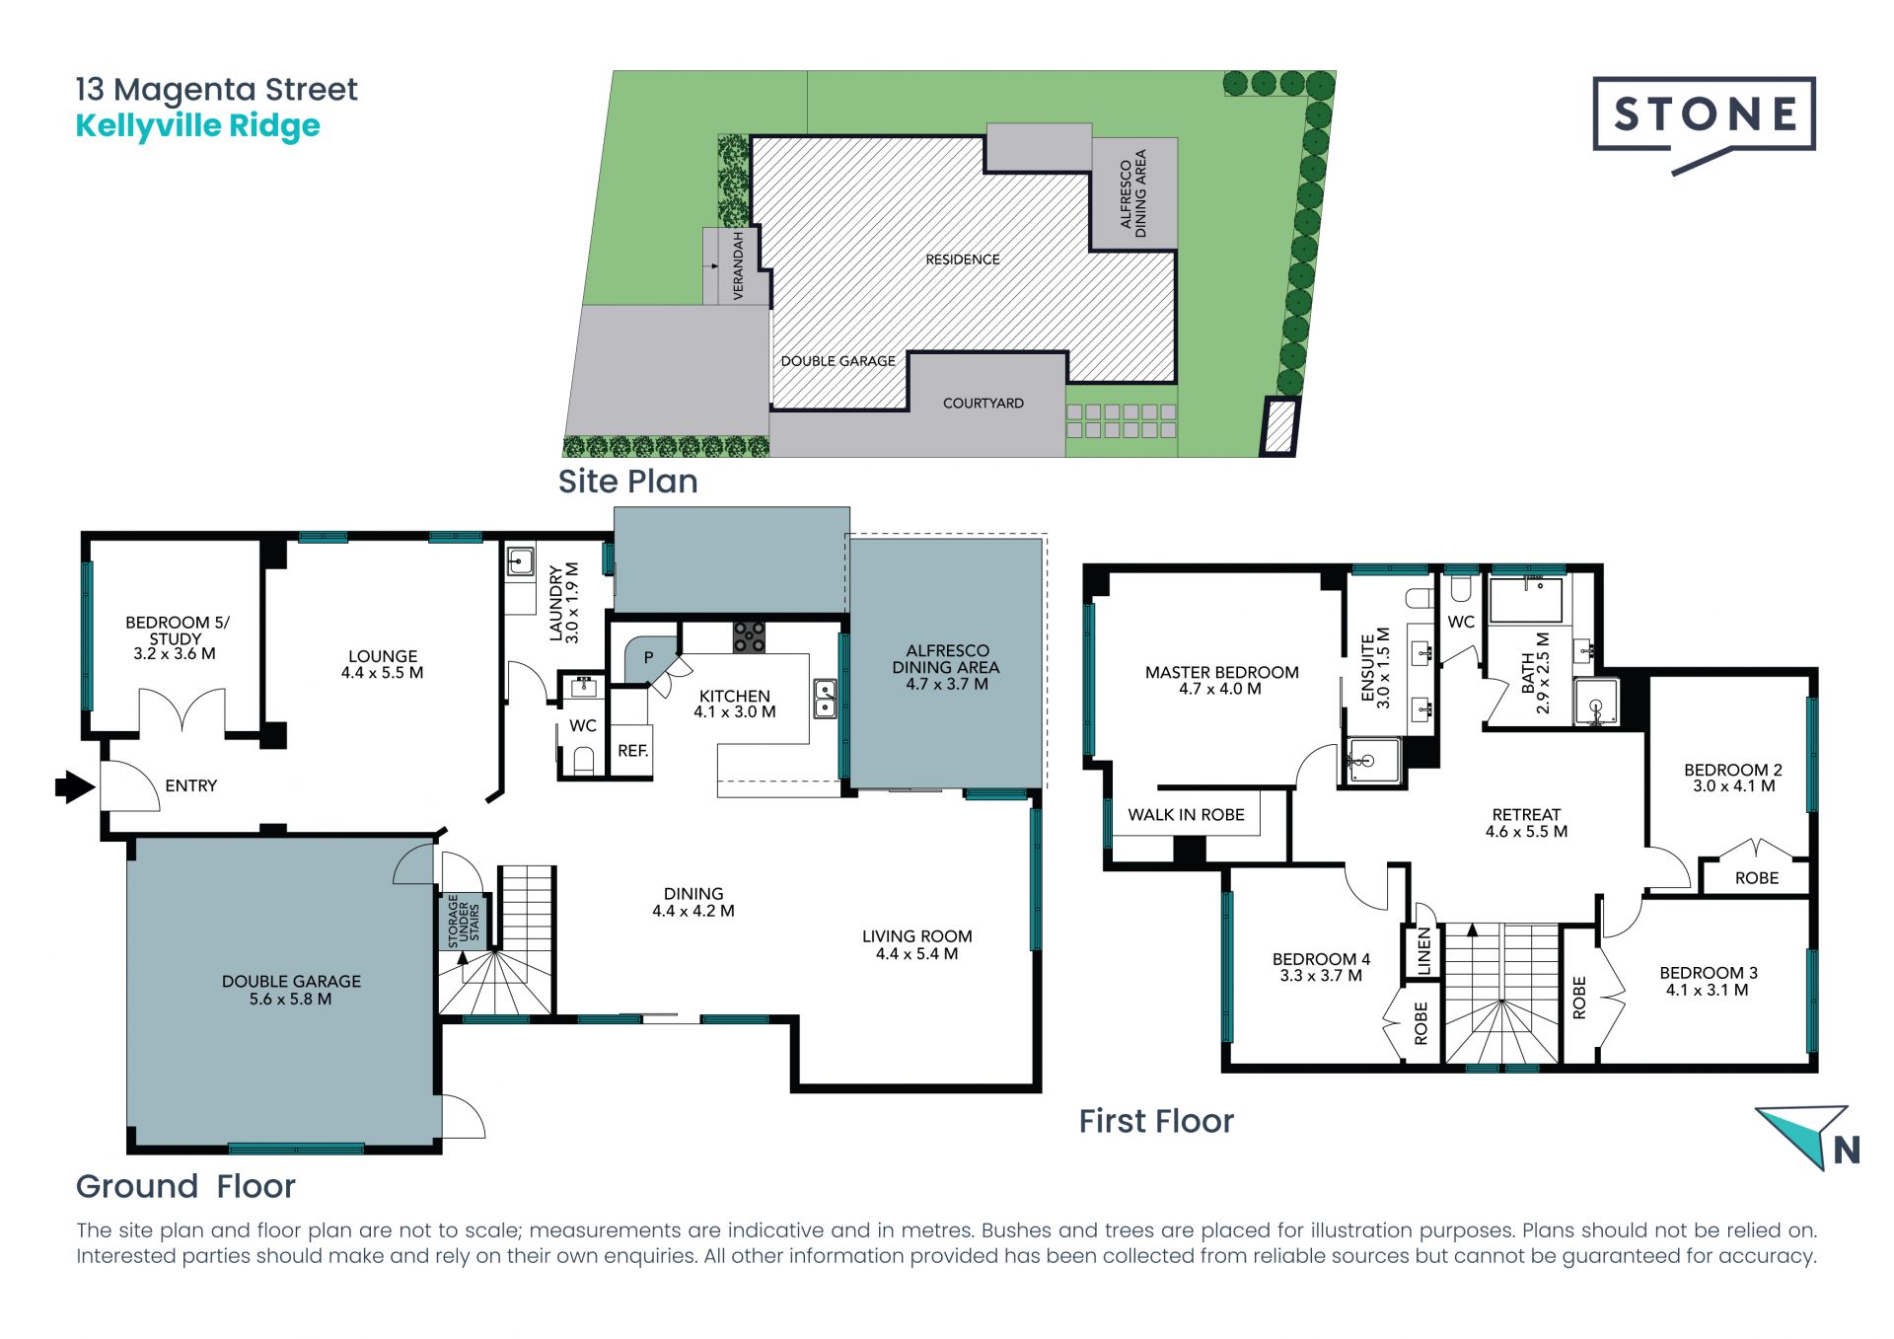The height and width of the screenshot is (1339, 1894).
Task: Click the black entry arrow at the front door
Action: [x=74, y=786]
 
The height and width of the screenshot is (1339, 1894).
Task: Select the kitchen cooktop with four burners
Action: [x=749, y=637]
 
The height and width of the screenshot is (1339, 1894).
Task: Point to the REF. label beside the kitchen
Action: [x=633, y=751]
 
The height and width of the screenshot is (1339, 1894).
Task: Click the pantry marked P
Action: [x=648, y=658]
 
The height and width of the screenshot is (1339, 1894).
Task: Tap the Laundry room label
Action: [x=556, y=604]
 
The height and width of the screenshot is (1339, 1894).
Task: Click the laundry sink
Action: [x=520, y=561]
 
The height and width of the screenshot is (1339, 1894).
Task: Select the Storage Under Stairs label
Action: [x=464, y=921]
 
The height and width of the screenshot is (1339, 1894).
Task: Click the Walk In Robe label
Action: [x=1186, y=815]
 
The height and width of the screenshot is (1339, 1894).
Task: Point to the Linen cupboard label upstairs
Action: [x=1423, y=951]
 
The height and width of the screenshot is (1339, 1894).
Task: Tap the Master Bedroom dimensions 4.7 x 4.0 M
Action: [x=1220, y=689]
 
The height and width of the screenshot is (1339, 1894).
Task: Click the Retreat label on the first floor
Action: [x=1526, y=815]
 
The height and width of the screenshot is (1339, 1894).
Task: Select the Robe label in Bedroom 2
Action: [x=1757, y=878]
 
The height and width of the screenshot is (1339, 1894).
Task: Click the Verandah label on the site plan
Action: [x=739, y=265]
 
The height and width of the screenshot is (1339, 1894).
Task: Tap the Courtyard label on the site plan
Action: [x=983, y=404]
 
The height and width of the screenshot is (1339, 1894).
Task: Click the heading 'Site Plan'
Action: [x=628, y=482]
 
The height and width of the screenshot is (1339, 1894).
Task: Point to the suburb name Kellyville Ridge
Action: [x=198, y=126]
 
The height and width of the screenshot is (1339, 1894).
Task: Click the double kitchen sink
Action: [x=825, y=699]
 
